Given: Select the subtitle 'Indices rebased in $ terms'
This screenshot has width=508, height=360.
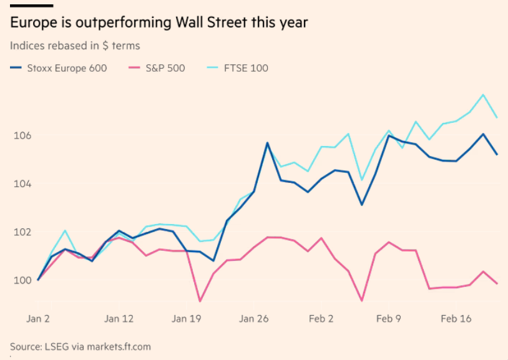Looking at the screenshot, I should click(75, 46).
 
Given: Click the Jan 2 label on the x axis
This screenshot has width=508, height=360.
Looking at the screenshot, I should click(38, 319).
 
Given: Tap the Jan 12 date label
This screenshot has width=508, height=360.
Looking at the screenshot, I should click(119, 319).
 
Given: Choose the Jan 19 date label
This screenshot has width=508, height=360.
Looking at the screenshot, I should click(187, 319).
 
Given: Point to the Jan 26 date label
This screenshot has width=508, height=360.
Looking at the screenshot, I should click(254, 319).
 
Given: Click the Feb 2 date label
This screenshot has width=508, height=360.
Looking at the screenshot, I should click(321, 319).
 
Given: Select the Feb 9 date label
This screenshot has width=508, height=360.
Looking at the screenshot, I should click(389, 319).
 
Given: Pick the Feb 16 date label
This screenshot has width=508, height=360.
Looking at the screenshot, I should click(456, 319).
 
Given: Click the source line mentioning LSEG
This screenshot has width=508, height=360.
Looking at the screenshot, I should click(81, 346).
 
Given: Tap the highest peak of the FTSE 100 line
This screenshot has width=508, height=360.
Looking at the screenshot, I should click(483, 95).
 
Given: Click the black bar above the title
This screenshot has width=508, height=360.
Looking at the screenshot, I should click(31, 5).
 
